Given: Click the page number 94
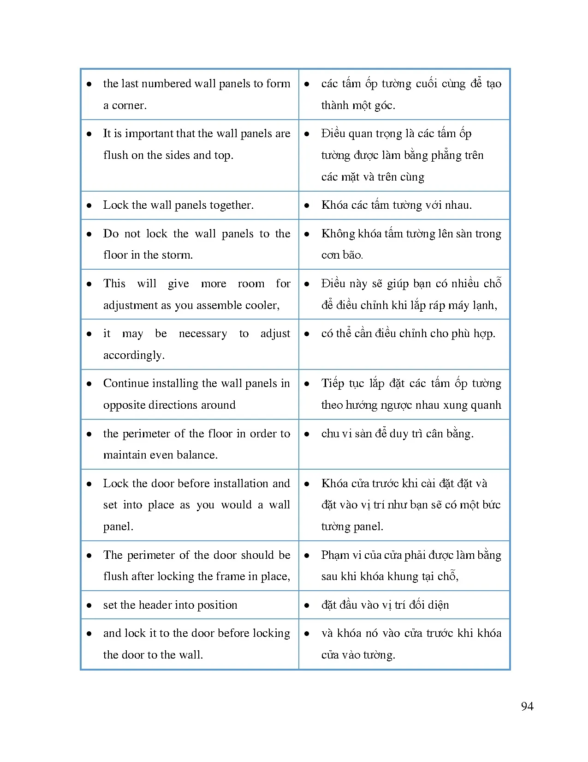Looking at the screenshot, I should coord(527,706).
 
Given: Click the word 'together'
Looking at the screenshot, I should coord(232,205).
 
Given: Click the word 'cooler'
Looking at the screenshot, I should coord(264,305).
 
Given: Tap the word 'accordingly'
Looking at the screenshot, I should coord(134,355).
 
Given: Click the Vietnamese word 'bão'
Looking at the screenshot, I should coord(353,255).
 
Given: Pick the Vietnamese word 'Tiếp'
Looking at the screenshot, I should coord(333,383).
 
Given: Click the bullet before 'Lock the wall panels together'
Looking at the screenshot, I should coord(89,206).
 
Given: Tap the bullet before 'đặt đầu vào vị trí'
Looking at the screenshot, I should coord(307,605).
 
